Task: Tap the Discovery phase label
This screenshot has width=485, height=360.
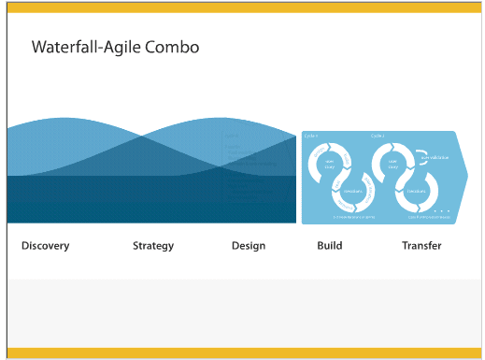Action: pos(45,246)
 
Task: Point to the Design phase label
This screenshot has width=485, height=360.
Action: pos(249,246)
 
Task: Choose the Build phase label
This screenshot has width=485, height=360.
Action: pos(330,246)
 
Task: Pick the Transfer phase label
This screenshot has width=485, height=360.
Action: pos(421,246)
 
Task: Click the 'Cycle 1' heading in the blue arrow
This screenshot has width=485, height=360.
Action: pos(311,137)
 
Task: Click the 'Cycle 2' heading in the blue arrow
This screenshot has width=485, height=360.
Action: pos(378,137)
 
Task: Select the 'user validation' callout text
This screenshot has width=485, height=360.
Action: pos(433,157)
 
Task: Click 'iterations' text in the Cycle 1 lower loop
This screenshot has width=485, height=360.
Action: pos(353,191)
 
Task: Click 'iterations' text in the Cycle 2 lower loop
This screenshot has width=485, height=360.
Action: pos(417,191)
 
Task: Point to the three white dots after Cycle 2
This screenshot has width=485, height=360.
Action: pos(442,211)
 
